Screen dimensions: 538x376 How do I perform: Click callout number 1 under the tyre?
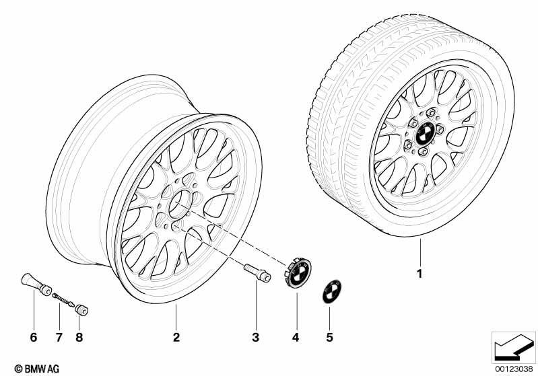(419, 274)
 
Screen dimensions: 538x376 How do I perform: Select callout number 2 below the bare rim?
(176, 337)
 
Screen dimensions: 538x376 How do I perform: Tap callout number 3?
(255, 337)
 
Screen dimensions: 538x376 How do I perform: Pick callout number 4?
(296, 337)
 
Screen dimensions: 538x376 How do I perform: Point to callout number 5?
(329, 337)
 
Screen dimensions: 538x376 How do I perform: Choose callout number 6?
(33, 337)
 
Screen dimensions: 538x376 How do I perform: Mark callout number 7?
(59, 337)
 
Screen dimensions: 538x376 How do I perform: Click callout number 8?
(79, 337)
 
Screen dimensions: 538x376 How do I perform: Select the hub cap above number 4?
(297, 273)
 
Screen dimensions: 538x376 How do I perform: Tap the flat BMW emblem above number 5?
(331, 292)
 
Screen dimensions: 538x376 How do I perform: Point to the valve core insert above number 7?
(63, 299)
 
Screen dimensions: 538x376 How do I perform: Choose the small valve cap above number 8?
(81, 310)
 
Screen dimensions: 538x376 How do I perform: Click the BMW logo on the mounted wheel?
(426, 133)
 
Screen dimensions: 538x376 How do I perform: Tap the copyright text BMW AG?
(37, 369)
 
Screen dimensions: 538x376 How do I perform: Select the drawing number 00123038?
(514, 369)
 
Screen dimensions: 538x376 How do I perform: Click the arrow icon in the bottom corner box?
(514, 347)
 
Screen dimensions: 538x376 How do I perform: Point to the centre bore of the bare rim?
(180, 204)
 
